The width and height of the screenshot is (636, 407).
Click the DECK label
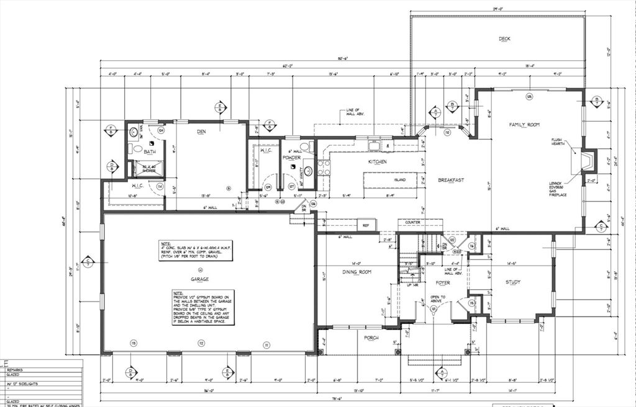pyautogui.click(x=504, y=39)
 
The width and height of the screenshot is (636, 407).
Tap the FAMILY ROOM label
pyautogui.click(x=524, y=125)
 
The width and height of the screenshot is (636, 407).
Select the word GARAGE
pyautogui.click(x=199, y=279)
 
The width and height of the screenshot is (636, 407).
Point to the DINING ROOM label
pyautogui.click(x=357, y=272)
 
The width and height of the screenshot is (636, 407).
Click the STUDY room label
pyautogui.click(x=512, y=282)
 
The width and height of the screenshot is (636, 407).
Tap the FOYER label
pyautogui.click(x=442, y=282)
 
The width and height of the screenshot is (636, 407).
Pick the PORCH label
pyautogui.click(x=371, y=338)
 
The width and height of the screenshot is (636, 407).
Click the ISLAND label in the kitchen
pyautogui.click(x=400, y=180)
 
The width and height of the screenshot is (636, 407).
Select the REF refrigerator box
pyautogui.click(x=366, y=226)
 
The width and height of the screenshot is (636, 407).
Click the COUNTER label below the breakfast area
pyautogui.click(x=414, y=221)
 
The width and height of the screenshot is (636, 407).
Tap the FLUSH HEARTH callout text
pyautogui.click(x=556, y=142)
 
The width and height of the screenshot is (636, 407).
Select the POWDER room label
pyautogui.click(x=291, y=158)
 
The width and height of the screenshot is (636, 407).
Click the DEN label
pyautogui.click(x=201, y=132)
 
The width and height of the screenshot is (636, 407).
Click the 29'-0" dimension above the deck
pyautogui.click(x=497, y=9)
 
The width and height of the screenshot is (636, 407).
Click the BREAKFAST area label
pyautogui.click(x=451, y=180)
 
